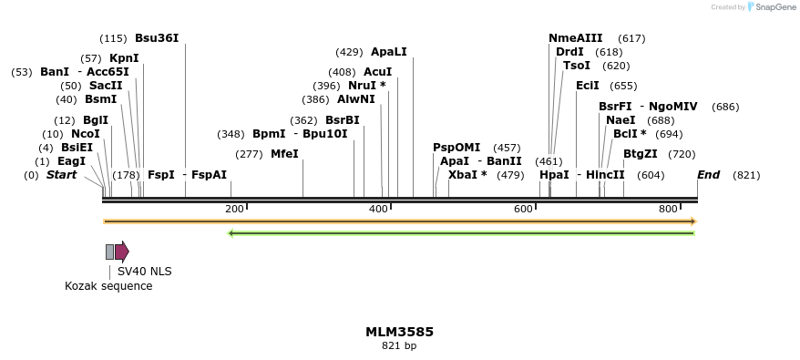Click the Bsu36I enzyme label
(x=157, y=38)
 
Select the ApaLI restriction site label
(x=389, y=52)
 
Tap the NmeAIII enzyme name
(x=576, y=38)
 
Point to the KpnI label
(x=124, y=58)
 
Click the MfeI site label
(x=284, y=154)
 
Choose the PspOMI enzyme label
(x=456, y=148)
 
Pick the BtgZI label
(x=641, y=154)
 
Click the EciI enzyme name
(x=588, y=86)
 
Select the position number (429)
(x=349, y=52)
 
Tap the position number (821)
(x=746, y=175)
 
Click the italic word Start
(x=62, y=175)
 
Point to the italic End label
(x=709, y=175)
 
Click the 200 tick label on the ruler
(x=234, y=210)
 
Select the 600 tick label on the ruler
(x=523, y=210)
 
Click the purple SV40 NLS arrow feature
(x=121, y=252)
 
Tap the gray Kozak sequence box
(x=110, y=252)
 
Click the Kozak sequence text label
(x=108, y=286)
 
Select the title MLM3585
(x=399, y=332)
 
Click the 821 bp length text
(x=399, y=346)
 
